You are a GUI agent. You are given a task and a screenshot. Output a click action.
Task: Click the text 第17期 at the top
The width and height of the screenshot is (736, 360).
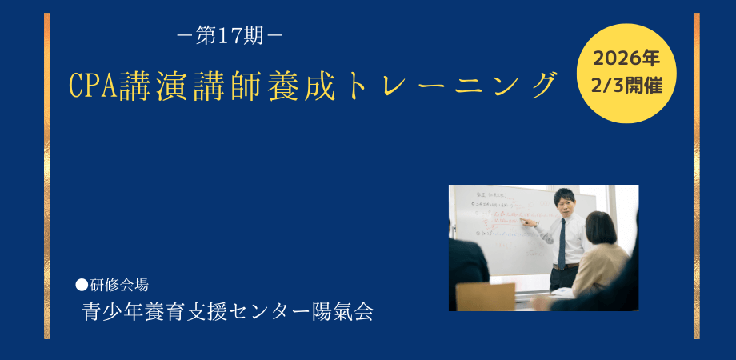[x=229, y=36]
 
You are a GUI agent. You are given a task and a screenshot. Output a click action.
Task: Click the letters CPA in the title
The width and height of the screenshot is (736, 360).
[x=94, y=86]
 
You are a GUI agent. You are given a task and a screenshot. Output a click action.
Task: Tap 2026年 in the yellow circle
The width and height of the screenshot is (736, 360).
[x=626, y=58]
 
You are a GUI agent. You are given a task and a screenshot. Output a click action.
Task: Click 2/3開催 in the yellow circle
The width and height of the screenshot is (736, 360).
[x=626, y=86]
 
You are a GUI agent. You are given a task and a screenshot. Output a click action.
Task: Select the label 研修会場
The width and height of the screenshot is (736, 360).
[x=118, y=284]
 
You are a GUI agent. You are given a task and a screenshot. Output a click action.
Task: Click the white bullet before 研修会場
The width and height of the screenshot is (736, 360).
[x=81, y=284]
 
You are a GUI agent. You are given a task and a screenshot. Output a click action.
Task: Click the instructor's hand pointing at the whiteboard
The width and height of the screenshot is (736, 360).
[x=524, y=221]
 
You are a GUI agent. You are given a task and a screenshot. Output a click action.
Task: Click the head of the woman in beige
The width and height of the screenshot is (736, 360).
[x=600, y=226]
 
